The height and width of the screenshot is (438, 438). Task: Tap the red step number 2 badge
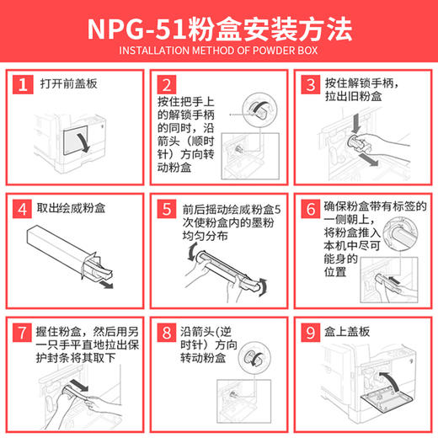click(x=167, y=84)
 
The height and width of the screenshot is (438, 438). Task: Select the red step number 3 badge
click(x=311, y=84)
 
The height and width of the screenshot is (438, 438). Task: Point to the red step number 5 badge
click(x=167, y=207)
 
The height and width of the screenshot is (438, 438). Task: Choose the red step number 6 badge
click(x=311, y=207)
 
